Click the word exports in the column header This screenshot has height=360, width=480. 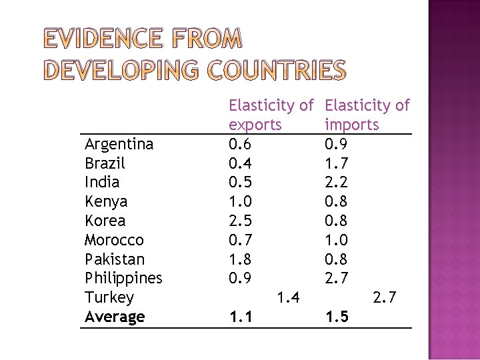click(255, 125)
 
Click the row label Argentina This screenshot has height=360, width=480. click(119, 144)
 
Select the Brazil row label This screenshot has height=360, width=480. click(105, 163)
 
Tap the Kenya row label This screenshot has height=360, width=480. click(106, 201)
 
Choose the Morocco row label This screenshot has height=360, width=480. click(115, 239)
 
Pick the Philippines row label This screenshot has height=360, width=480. click(124, 277)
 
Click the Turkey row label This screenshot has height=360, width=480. click(109, 297)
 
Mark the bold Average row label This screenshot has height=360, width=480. click(115, 316)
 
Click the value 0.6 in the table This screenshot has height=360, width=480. click(240, 144)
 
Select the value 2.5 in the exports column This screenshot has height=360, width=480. click(240, 221)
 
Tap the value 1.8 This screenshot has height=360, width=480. click(240, 259)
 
